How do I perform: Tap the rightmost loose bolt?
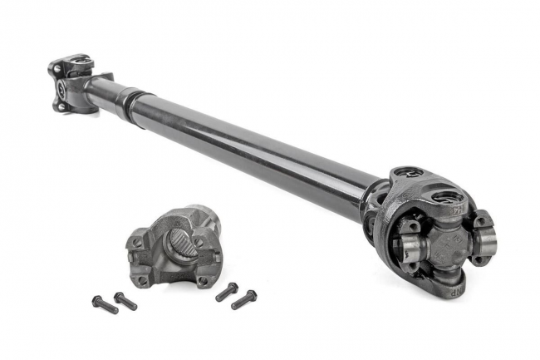click(243, 299)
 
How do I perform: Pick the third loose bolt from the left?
click(226, 292)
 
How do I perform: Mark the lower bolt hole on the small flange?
click(60, 105)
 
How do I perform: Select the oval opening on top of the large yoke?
click(410, 173)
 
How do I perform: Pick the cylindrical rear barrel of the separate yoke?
click(208, 220)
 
